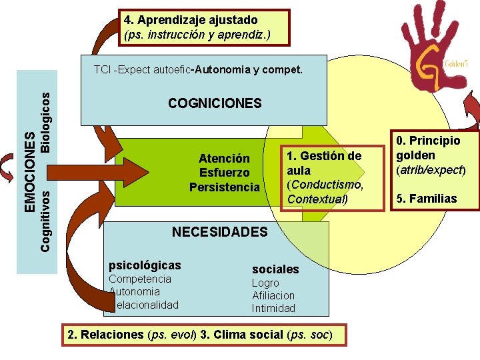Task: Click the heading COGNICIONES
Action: point(215,103)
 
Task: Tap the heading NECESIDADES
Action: point(219,232)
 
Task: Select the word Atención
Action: point(224,159)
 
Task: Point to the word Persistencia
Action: point(224,187)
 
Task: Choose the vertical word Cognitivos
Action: point(45,221)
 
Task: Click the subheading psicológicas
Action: point(144,265)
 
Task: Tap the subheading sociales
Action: point(275,269)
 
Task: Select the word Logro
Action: point(265,283)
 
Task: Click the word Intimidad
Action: point(273,308)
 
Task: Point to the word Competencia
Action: point(140,279)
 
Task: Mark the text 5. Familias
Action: point(426,199)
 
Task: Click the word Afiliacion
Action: point(273,295)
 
